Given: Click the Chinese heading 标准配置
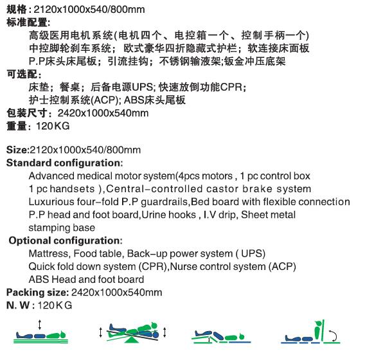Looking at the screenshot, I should point(23,22).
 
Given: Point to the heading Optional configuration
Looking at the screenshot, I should point(65,240).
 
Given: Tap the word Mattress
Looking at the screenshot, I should point(49,253).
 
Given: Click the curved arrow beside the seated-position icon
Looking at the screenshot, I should point(335,332).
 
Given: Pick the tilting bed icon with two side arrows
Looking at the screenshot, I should point(134,332).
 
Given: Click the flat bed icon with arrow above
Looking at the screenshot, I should point(40,333).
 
